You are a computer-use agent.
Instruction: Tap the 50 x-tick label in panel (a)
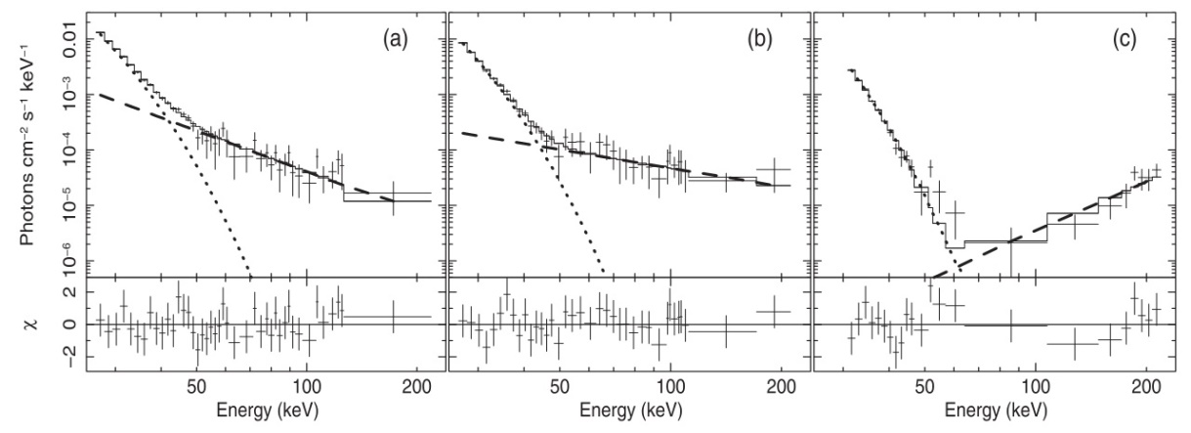pyautogui.click(x=196, y=386)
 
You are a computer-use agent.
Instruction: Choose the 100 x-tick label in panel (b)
pyautogui.click(x=671, y=386)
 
